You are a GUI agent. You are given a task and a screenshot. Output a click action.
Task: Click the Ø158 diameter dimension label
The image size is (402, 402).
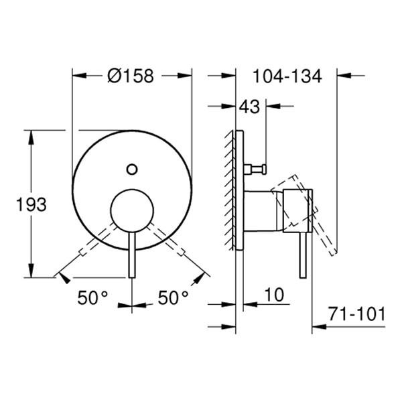pyautogui.click(x=131, y=76)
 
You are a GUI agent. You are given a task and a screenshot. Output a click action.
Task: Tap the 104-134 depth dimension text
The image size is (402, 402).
pyautogui.click(x=287, y=76)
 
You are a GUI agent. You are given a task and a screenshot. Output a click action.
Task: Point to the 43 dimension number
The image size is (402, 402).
pyautogui.click(x=250, y=106)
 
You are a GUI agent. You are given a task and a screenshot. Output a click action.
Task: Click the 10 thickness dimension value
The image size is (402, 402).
pyautogui.click(x=274, y=294)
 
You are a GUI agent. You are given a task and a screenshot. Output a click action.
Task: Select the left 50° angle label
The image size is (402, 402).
pyautogui.click(x=92, y=299)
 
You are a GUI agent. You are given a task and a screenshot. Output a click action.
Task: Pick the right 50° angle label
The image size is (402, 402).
pyautogui.click(x=174, y=299)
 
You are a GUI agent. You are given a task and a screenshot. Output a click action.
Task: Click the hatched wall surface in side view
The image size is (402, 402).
pyautogui.click(x=232, y=188)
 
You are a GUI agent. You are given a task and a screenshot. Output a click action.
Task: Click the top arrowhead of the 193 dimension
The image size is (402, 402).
pyautogui.click(x=31, y=135)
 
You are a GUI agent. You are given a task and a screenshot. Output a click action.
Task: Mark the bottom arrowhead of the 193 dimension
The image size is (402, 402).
pyautogui.click(x=31, y=273)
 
